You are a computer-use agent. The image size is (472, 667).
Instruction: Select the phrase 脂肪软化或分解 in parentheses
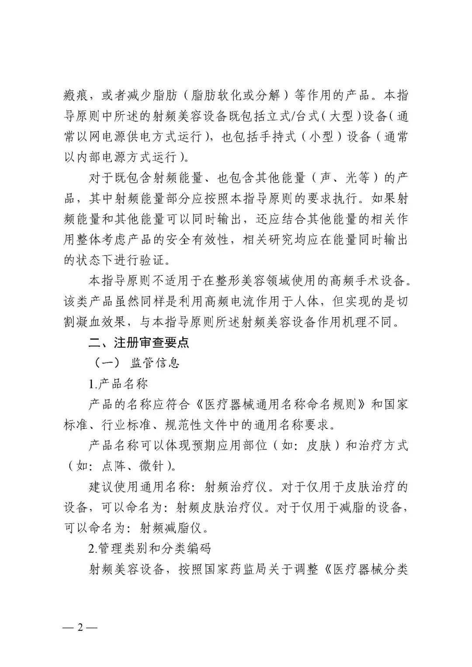coord(236,95)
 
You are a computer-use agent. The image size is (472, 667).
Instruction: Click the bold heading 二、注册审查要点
coord(139,342)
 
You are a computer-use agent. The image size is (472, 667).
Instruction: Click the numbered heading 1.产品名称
coord(118,384)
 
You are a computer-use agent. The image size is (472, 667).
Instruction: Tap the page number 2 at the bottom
coord(80,628)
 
